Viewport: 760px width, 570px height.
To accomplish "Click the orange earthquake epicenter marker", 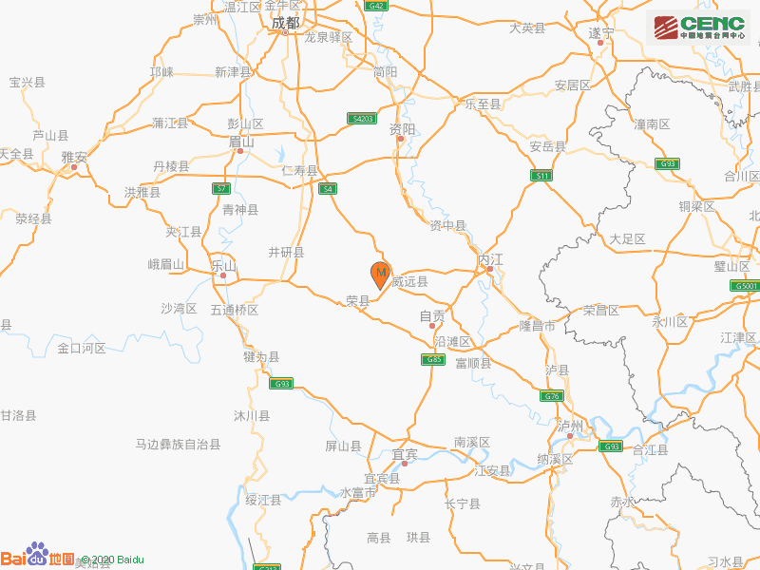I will tap(380, 275).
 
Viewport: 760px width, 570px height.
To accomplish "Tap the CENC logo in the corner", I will tap(699, 28).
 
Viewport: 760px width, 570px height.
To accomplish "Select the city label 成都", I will tap(285, 23).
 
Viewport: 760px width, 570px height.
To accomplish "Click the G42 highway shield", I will tap(377, 6).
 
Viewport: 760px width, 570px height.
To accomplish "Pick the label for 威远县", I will tap(409, 281).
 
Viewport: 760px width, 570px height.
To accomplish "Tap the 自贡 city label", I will tap(432, 315).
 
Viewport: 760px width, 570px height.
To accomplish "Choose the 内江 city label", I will tap(489, 258).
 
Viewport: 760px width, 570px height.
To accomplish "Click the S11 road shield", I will tap(541, 176).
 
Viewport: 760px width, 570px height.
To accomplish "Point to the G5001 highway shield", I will tap(745, 285).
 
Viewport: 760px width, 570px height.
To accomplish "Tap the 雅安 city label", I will tap(74, 157).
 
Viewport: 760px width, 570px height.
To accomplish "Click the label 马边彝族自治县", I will tap(178, 444).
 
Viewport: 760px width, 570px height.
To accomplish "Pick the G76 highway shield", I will tap(552, 395).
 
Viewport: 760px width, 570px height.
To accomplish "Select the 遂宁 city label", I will tap(601, 32).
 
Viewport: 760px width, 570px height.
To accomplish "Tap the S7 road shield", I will tap(220, 188).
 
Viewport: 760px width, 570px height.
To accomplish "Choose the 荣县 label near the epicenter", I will tap(357, 300).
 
